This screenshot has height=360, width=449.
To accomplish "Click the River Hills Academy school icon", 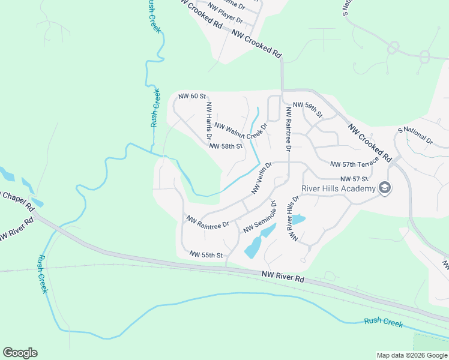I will coord(385,188).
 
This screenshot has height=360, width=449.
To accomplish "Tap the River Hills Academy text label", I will coord(339,188).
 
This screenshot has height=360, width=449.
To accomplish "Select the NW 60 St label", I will coord(192,96).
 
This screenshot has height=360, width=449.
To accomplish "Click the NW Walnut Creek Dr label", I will coord(240,130).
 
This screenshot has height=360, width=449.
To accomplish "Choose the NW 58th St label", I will coord(225,146).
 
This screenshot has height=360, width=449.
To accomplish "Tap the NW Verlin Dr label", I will coord(262,178).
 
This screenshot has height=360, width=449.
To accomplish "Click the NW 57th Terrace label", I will coord(354,163).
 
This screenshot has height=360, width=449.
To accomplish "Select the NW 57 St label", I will coord(354,179).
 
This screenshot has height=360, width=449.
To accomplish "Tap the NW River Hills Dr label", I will coord(294,218).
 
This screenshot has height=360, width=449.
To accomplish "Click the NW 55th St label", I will coord(206,255).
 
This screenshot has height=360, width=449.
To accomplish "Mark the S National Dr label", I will coord(415,136).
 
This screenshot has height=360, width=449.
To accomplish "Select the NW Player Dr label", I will coord(224,16).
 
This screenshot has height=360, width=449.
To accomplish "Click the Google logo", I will coord(20,353).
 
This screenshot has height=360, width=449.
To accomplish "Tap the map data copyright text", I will coord(412,355).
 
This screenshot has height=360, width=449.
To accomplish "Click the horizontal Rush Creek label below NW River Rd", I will coord(384,322).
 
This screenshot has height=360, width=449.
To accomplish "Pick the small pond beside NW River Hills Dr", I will coord(299,220).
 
